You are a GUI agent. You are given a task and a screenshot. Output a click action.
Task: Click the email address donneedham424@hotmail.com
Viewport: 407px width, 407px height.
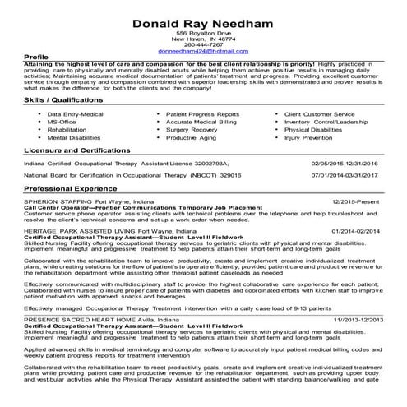pos(202,51)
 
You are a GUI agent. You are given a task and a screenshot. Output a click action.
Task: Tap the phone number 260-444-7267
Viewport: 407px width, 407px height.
pos(203,44)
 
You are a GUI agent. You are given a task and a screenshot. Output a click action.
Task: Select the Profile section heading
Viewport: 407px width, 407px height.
pos(38,58)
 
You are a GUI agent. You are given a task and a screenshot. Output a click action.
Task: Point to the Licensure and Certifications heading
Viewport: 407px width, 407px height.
pos(84,152)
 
